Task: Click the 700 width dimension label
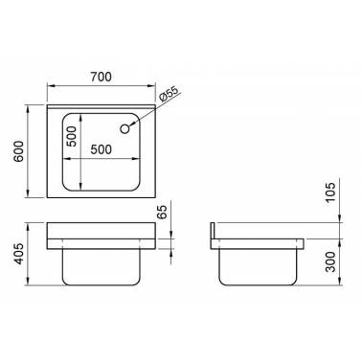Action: coord(101,77)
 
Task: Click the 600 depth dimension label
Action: coord(18,151)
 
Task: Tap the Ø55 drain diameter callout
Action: coord(168,95)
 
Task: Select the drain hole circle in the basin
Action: coord(124,129)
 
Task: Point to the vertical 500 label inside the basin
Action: coord(72,136)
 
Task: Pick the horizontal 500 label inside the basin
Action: coord(102,149)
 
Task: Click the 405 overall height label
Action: coord(18,254)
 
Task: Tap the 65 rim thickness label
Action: coord(162,212)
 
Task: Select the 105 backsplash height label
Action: coord(331,192)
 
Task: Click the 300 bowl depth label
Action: coord(331,261)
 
